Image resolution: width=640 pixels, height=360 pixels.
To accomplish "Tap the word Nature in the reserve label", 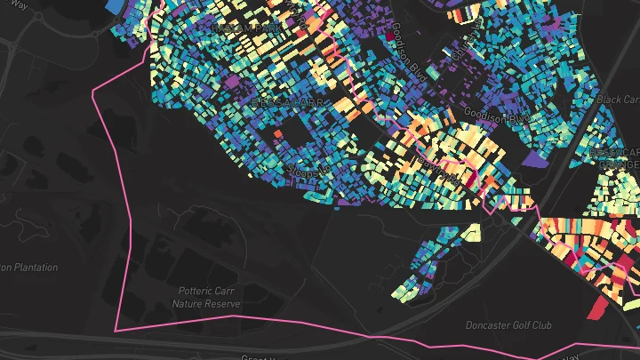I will click(189, 303).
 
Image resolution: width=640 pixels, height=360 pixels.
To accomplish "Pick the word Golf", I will click(522, 325).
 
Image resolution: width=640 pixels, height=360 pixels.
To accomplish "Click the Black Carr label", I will click(618, 100).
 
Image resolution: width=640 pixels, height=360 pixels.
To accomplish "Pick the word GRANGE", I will click(617, 164).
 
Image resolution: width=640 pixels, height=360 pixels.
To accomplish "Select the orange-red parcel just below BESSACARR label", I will click(277, 134).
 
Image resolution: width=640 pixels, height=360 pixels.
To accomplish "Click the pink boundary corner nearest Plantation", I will click(116, 330).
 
